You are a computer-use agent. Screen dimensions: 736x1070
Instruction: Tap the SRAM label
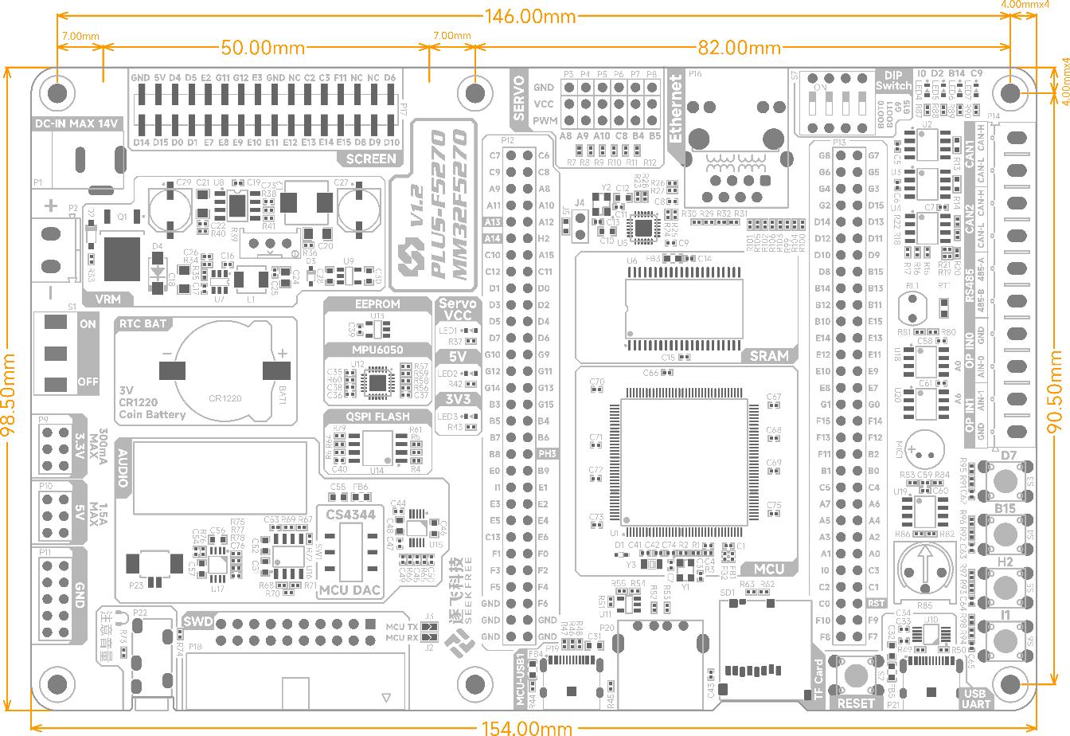point(769,355)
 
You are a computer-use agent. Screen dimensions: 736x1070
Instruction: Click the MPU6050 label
point(377,350)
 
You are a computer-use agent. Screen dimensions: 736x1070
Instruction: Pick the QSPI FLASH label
point(377,417)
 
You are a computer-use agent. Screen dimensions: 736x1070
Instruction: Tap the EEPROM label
point(377,303)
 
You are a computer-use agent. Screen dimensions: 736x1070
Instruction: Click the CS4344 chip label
point(350,515)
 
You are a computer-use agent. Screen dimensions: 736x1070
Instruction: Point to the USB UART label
point(975,699)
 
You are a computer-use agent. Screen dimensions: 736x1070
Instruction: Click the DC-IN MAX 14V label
point(77,123)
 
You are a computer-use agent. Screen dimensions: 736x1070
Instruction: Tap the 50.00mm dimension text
point(263,48)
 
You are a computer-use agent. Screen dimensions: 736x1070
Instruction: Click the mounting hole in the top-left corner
point(57,93)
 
